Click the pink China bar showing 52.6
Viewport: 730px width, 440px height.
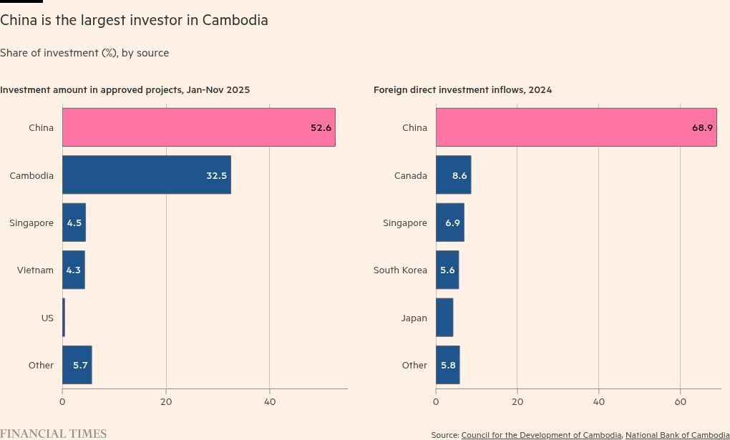pos(198,127)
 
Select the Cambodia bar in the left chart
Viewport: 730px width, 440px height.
pos(146,175)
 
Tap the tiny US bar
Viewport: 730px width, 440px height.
pos(64,318)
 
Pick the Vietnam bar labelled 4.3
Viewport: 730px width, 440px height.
pos(73,270)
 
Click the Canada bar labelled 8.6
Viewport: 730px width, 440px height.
pos(453,175)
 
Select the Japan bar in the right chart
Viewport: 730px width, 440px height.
pos(444,318)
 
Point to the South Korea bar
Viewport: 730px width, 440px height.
pos(447,270)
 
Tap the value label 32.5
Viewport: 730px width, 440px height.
pos(216,175)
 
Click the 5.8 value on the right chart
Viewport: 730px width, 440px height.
pos(448,365)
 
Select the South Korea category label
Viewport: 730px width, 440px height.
pos(400,270)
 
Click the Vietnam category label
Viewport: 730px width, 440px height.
pos(35,270)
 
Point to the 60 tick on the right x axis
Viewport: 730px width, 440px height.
pos(681,401)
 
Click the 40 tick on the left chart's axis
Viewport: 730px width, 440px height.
pos(270,401)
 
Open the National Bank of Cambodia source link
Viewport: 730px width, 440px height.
pos(677,435)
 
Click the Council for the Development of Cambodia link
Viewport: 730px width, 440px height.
pos(541,435)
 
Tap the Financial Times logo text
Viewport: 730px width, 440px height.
pos(53,434)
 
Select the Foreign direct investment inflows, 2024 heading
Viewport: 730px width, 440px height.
pos(462,89)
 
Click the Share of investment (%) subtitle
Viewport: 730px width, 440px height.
pos(84,53)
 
